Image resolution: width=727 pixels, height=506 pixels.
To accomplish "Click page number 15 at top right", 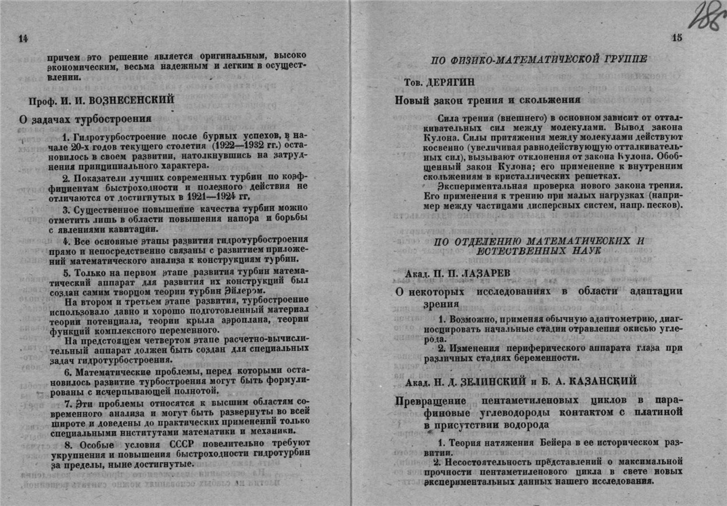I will coord(676,39).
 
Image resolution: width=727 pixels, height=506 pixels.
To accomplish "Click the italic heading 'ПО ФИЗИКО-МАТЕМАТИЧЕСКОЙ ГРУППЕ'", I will coord(540,59).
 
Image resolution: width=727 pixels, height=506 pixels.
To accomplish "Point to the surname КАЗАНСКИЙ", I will coord(597,382).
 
